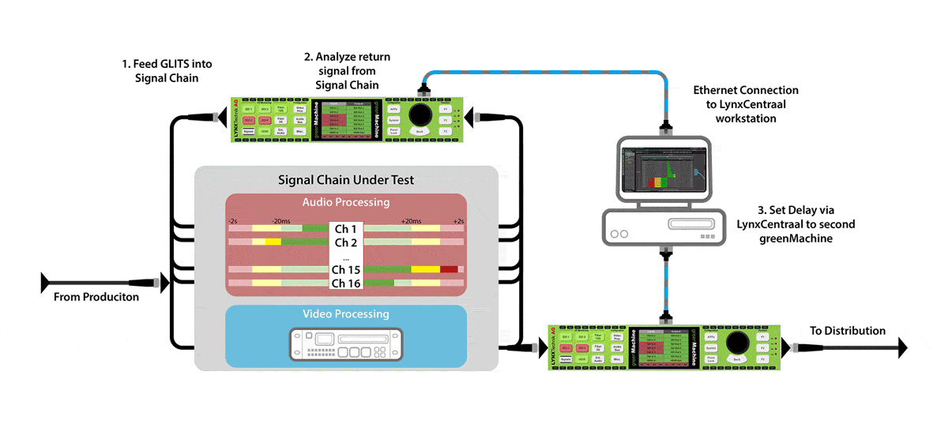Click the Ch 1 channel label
point(346,229)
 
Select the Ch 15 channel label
point(346,269)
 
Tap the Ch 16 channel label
point(346,283)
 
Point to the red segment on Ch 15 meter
point(449,270)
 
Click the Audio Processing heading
point(345,202)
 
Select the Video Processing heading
point(345,314)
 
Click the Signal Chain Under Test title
point(345,179)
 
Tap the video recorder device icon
point(345,345)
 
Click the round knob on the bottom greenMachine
point(737,343)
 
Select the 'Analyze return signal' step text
point(348,71)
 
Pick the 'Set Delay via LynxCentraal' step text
point(794,225)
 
